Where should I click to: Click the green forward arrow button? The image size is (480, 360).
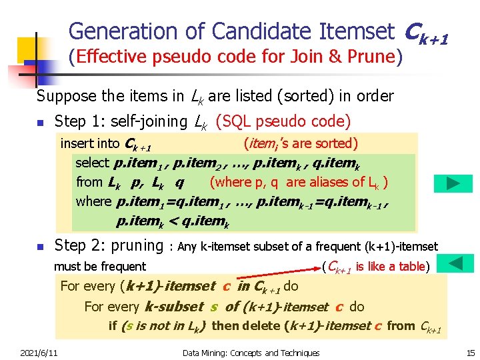453,183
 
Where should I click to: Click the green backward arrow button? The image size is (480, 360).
457,263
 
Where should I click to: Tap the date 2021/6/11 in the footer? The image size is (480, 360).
39,353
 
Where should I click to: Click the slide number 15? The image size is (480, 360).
471,353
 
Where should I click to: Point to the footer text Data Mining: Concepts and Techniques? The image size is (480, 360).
251,353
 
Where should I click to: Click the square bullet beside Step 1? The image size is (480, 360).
41,123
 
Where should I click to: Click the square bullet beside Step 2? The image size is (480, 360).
41,247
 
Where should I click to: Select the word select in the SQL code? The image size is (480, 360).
93,162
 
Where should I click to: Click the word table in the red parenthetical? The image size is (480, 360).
412,267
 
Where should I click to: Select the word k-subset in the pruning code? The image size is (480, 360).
173,307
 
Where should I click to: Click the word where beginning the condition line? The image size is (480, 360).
94,201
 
